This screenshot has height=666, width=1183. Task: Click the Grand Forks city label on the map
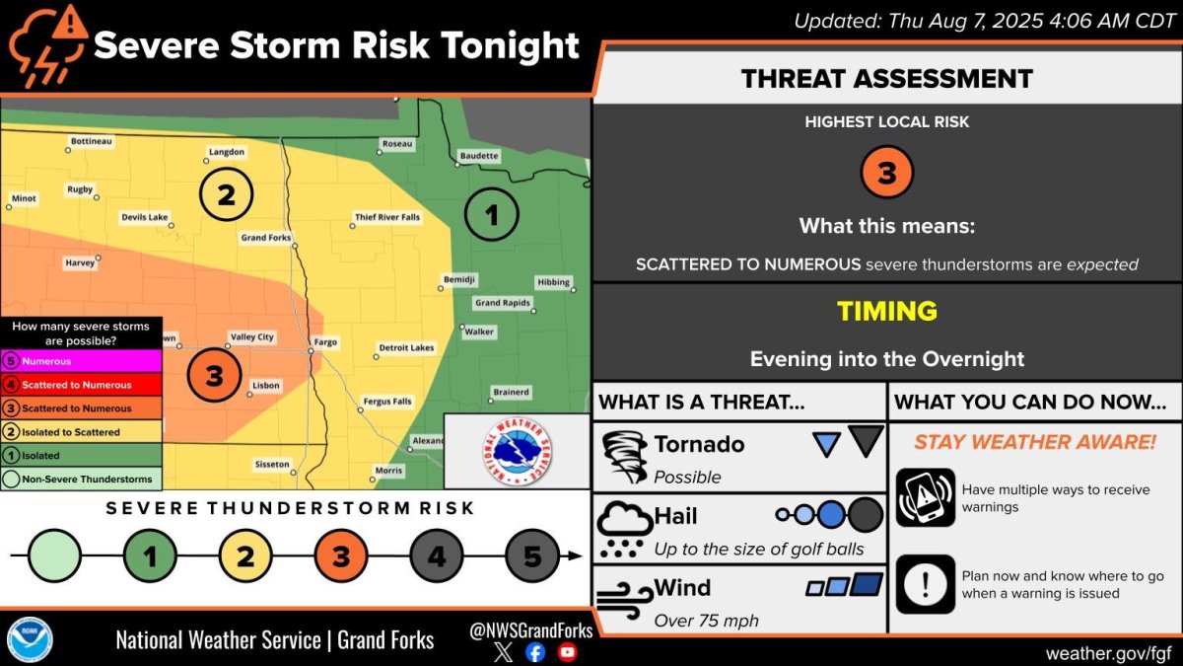(x=266, y=238)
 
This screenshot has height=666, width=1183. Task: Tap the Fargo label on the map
(x=324, y=342)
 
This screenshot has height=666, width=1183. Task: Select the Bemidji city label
(x=459, y=279)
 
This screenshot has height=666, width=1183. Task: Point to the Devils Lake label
(x=145, y=217)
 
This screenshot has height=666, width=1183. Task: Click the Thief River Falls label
(x=386, y=217)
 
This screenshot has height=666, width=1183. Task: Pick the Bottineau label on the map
(x=92, y=142)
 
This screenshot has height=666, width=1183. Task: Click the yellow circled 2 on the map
(x=226, y=194)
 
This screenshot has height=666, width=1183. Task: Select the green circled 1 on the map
(x=491, y=213)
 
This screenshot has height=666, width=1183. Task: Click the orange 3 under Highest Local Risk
(x=886, y=173)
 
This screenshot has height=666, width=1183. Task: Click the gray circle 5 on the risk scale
(x=532, y=557)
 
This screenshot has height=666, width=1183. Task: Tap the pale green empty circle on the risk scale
(x=54, y=557)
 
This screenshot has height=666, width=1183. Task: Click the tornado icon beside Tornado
(x=624, y=456)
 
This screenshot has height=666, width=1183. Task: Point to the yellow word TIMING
(x=886, y=312)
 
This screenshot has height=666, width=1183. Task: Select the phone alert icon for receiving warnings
(x=925, y=497)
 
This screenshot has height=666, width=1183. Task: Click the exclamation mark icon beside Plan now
(x=925, y=584)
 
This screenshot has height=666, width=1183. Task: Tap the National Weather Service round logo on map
(x=517, y=451)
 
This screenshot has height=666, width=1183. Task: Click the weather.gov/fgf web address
(x=1108, y=652)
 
